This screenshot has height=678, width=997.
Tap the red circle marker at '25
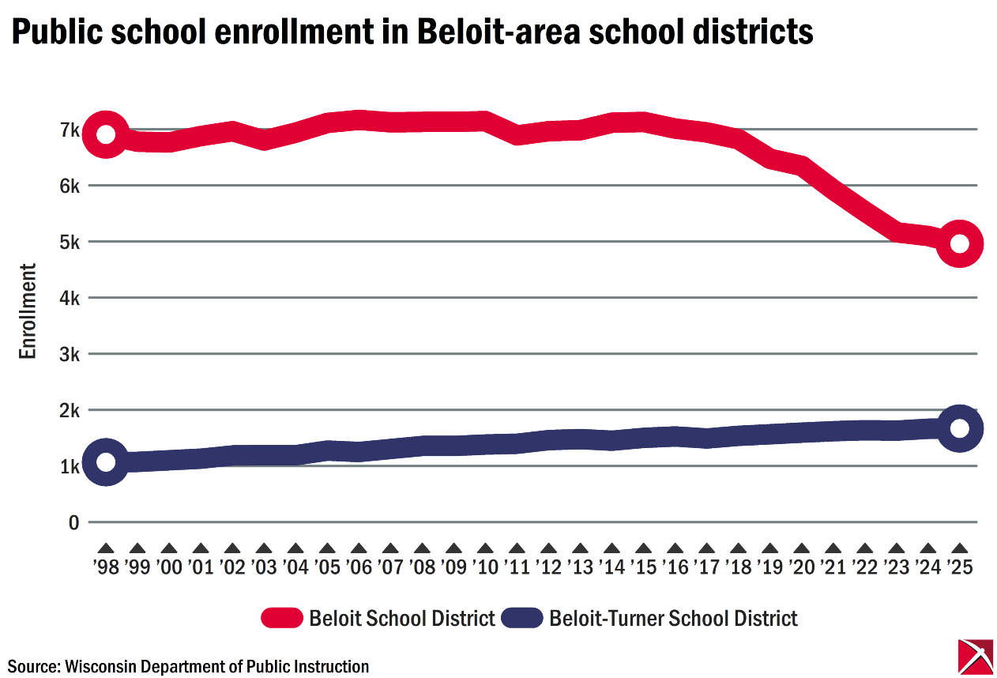click(x=959, y=243)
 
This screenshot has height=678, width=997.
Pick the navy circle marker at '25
click(x=959, y=428)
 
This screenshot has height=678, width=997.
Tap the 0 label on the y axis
click(x=74, y=522)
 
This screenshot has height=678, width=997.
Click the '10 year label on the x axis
click(x=485, y=567)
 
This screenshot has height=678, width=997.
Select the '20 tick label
click(x=801, y=567)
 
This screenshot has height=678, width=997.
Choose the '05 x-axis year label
click(x=327, y=567)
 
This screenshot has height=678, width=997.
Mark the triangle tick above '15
click(x=643, y=548)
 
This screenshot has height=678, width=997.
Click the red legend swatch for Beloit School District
click(x=281, y=618)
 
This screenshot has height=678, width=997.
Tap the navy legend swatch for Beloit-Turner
click(x=521, y=618)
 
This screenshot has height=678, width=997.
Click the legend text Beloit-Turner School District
click(x=673, y=618)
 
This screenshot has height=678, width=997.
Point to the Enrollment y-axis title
click(x=28, y=311)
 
